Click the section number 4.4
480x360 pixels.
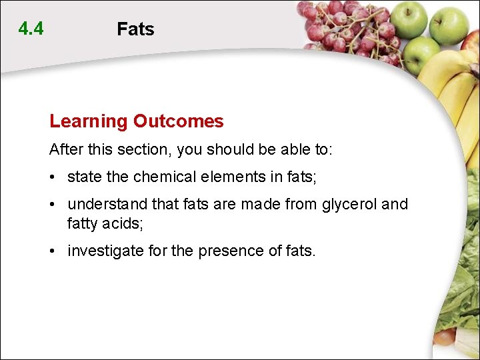(x=31, y=29)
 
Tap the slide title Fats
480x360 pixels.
(x=135, y=29)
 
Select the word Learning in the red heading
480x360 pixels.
(x=88, y=121)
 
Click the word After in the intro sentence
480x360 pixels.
(x=65, y=149)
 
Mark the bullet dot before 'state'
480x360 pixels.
(x=52, y=177)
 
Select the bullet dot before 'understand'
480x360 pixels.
(x=52, y=205)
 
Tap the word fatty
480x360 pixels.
(x=82, y=224)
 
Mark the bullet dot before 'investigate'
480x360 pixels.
(x=52, y=251)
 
